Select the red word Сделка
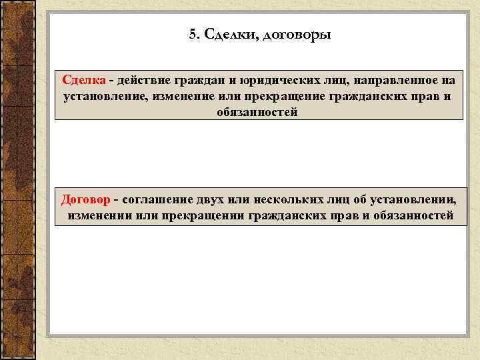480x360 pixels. [84, 80]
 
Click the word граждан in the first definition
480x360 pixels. [201, 81]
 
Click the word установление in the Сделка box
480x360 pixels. [105, 96]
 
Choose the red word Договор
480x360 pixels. [85, 199]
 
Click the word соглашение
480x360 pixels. [157, 199]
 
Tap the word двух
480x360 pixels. [210, 199]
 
